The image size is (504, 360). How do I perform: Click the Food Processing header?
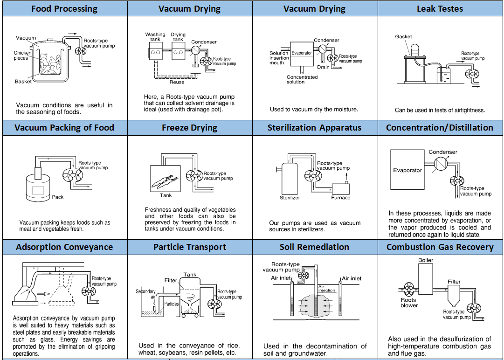pyautogui.click(x=64, y=8)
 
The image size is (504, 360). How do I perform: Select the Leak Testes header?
pyautogui.click(x=440, y=8)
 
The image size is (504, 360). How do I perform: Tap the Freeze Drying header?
pyautogui.click(x=189, y=128)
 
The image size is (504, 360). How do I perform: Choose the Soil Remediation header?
pyautogui.click(x=314, y=247)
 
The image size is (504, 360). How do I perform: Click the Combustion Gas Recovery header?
pyautogui.click(x=440, y=247)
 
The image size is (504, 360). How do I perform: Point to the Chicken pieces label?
pyautogui.click(x=22, y=55)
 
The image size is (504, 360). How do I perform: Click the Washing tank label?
pyautogui.click(x=155, y=37)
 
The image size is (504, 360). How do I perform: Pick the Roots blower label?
pyautogui.click(x=409, y=303)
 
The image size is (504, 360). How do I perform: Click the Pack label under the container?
pyautogui.click(x=58, y=197)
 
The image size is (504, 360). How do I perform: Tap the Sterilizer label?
pyautogui.click(x=290, y=198)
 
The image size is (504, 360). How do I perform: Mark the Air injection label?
pyautogui.click(x=326, y=289)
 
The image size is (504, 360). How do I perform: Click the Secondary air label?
pyautogui.click(x=145, y=294)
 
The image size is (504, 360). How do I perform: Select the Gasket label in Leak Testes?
pyautogui.click(x=403, y=37)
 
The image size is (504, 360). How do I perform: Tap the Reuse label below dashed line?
pyautogui.click(x=177, y=83)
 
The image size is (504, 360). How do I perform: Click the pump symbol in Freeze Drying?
pyautogui.click(x=194, y=175)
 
